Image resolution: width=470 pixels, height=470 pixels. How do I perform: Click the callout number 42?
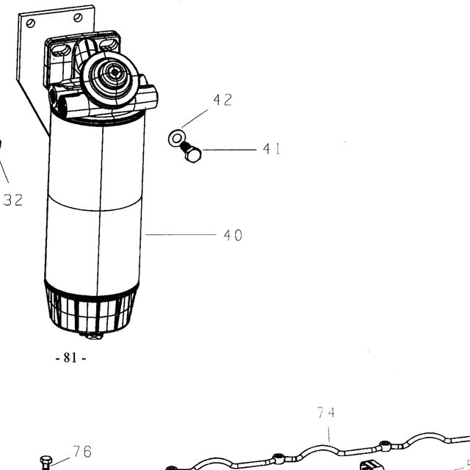[223, 100]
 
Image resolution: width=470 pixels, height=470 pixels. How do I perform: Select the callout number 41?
[272, 149]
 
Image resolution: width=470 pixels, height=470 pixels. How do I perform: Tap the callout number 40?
[233, 235]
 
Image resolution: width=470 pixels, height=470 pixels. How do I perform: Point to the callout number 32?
[13, 200]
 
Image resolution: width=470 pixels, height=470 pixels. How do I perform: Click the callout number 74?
[326, 413]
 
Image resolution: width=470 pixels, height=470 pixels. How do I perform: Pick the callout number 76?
[82, 452]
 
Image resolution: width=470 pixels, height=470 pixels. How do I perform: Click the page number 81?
[70, 358]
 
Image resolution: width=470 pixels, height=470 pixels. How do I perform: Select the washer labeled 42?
[177, 138]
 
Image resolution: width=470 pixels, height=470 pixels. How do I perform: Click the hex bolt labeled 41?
[191, 152]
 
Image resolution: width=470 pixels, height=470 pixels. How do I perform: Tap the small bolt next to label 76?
[46, 463]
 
